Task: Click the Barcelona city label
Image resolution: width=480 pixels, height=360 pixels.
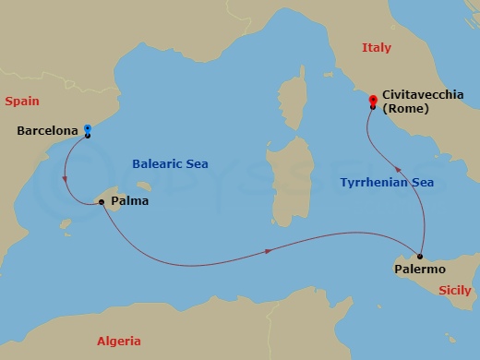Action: (x=47, y=131)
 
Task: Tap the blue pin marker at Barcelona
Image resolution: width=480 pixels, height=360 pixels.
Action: (x=87, y=129)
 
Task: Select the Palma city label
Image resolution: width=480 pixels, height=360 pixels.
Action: (x=129, y=200)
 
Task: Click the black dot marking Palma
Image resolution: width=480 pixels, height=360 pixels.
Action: (x=101, y=201)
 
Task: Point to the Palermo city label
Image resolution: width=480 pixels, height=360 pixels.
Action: (x=419, y=269)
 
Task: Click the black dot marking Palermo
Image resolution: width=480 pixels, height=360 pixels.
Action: (x=420, y=256)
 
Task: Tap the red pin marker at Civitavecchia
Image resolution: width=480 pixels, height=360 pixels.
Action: (x=372, y=100)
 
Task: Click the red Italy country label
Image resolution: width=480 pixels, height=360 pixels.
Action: (x=376, y=47)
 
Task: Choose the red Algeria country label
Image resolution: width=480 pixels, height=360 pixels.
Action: (x=119, y=342)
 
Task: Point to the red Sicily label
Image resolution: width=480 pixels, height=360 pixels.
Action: (x=454, y=289)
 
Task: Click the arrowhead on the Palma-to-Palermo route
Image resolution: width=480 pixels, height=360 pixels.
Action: (x=269, y=250)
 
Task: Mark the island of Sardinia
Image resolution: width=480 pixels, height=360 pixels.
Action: (x=281, y=180)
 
